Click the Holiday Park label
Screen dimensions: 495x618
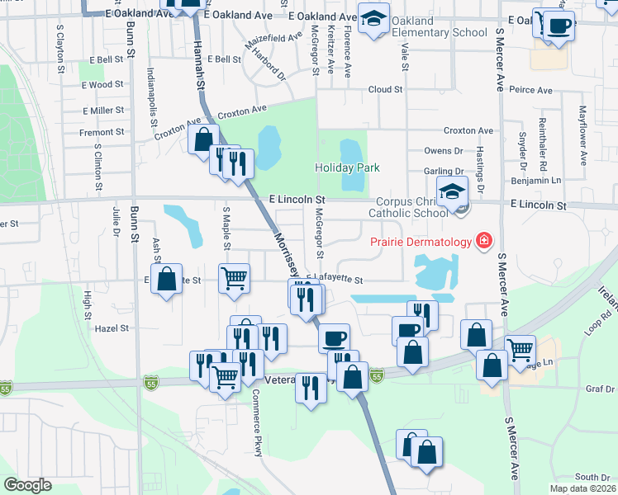pos(347,167)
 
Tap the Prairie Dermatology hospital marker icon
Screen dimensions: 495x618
pos(483,242)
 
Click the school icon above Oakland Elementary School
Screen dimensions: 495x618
pos(374,18)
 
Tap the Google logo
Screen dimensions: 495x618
pos(27,484)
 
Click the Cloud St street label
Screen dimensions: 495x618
pos(385,89)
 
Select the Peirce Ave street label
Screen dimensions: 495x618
pos(530,89)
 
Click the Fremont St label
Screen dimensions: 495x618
pos(102,132)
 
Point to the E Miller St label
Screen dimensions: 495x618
pos(103,110)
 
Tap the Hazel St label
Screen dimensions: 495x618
pos(113,328)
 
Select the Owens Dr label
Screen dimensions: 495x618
pos(444,151)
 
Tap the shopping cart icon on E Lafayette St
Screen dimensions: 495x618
pos(235,278)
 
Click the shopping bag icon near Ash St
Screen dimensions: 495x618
pos(167,278)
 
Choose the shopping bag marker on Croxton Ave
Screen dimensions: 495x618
pos(203,139)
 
